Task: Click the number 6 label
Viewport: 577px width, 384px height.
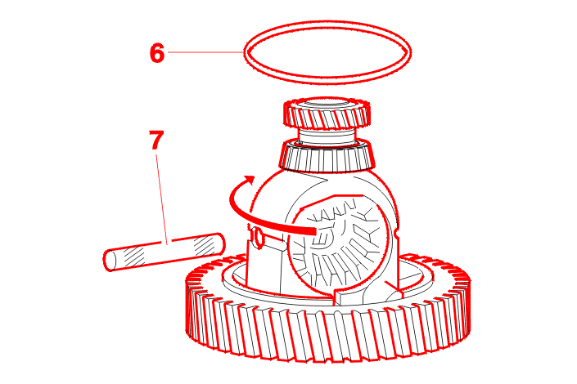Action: pyautogui.click(x=157, y=53)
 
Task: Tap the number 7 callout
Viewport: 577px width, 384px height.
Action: pyautogui.click(x=156, y=140)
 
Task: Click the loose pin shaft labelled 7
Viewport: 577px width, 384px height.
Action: pyautogui.click(x=164, y=252)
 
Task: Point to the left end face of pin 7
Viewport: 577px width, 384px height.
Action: pyautogui.click(x=110, y=260)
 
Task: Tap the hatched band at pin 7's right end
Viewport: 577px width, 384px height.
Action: pyautogui.click(x=205, y=245)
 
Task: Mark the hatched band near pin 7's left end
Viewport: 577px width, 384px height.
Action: pyautogui.click(x=134, y=257)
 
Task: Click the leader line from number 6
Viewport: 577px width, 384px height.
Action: pyautogui.click(x=205, y=52)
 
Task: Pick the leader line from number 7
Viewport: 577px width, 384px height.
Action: pyautogui.click(x=162, y=199)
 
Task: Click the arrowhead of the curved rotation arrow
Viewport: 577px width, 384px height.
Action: pyautogui.click(x=249, y=180)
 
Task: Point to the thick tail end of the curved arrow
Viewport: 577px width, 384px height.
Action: pyautogui.click(x=313, y=231)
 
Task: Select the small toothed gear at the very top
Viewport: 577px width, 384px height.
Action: pyautogui.click(x=327, y=113)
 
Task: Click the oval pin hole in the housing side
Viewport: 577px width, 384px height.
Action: pyautogui.click(x=258, y=238)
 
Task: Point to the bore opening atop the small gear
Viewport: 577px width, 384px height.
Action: pyautogui.click(x=327, y=103)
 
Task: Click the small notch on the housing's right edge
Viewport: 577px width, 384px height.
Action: pyautogui.click(x=396, y=233)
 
